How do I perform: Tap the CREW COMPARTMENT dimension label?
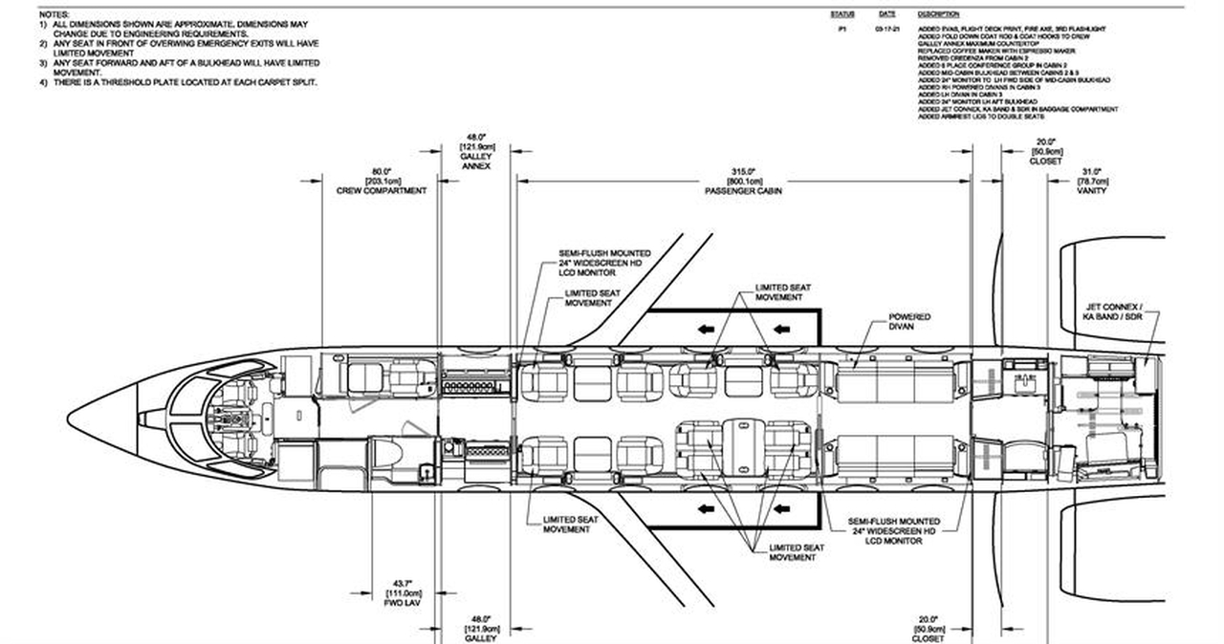point(382,191)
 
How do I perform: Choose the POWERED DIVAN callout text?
point(909,322)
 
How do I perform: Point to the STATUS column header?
point(841,14)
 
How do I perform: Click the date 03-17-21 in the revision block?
point(885,30)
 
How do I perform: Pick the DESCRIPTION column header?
point(937,14)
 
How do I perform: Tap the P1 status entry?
point(841,30)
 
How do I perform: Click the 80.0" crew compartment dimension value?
point(382,172)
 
